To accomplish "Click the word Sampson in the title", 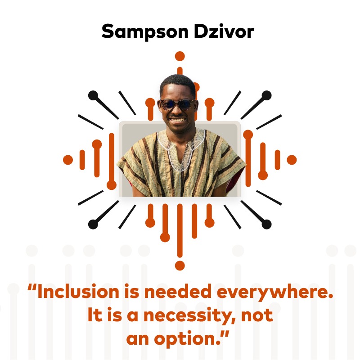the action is tap(145, 32).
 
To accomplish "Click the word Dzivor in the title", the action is tap(224, 31).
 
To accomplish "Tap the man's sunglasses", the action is tap(177, 104).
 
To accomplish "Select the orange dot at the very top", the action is tap(180, 56).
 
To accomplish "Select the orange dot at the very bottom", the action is tap(180, 265).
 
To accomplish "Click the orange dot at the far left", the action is tap(68, 160).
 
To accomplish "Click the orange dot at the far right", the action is tap(292, 160).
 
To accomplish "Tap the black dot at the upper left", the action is tap(93, 95).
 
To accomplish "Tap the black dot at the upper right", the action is tap(266, 95).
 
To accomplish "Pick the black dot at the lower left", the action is tap(93, 224).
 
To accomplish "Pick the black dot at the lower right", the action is tap(266, 224).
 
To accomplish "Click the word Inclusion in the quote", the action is tap(78, 291).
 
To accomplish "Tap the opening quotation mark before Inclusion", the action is tap(32, 288).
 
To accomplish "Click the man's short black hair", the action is tap(178, 82).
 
